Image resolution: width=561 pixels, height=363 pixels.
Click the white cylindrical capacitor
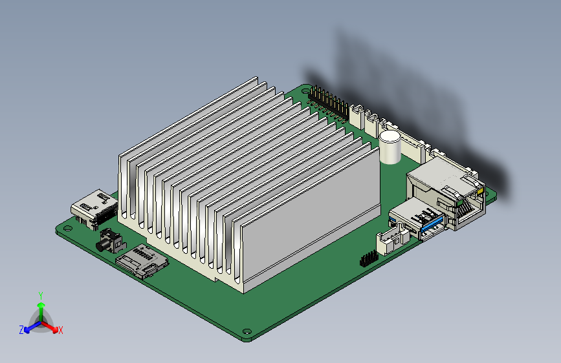click(390, 147)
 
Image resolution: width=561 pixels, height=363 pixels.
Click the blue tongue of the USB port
click(432, 223)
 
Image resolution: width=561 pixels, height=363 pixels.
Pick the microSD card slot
click(142, 262)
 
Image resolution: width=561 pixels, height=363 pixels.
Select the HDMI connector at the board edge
click(94, 210)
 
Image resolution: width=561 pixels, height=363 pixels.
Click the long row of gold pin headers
click(329, 103)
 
